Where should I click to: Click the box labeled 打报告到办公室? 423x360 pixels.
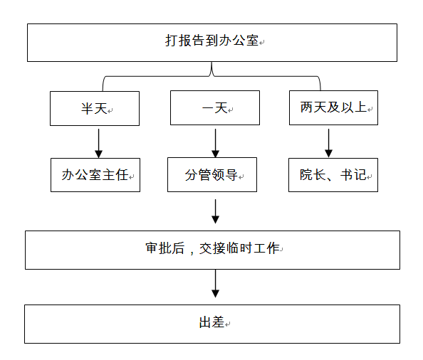pos(212,43)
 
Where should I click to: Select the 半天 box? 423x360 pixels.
pos(95,108)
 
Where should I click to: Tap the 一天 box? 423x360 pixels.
pos(215,107)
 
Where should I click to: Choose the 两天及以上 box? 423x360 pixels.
pos(333,107)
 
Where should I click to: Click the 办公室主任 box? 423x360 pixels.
pos(95,175)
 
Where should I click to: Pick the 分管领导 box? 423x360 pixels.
pos(212,174)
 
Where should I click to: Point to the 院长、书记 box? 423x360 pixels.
pos(333,175)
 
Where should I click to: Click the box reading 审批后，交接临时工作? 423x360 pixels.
pos(212,250)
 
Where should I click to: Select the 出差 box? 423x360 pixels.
pos(212,324)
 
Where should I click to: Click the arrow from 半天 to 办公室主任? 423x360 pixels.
pos(98,143)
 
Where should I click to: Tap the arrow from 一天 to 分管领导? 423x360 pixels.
pos(215,143)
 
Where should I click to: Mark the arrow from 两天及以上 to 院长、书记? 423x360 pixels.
pos(328,143)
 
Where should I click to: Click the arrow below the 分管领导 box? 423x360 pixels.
pos(215,211)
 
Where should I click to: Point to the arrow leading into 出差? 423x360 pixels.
pos(215,283)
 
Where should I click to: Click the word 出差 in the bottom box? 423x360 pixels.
pos(211,322)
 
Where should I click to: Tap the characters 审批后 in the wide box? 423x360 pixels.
pos(165,248)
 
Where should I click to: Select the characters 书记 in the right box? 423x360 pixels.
pos(353,174)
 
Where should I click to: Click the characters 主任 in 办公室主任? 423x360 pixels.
pos(115,175)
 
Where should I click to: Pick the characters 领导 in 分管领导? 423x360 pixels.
pos(224,175)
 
